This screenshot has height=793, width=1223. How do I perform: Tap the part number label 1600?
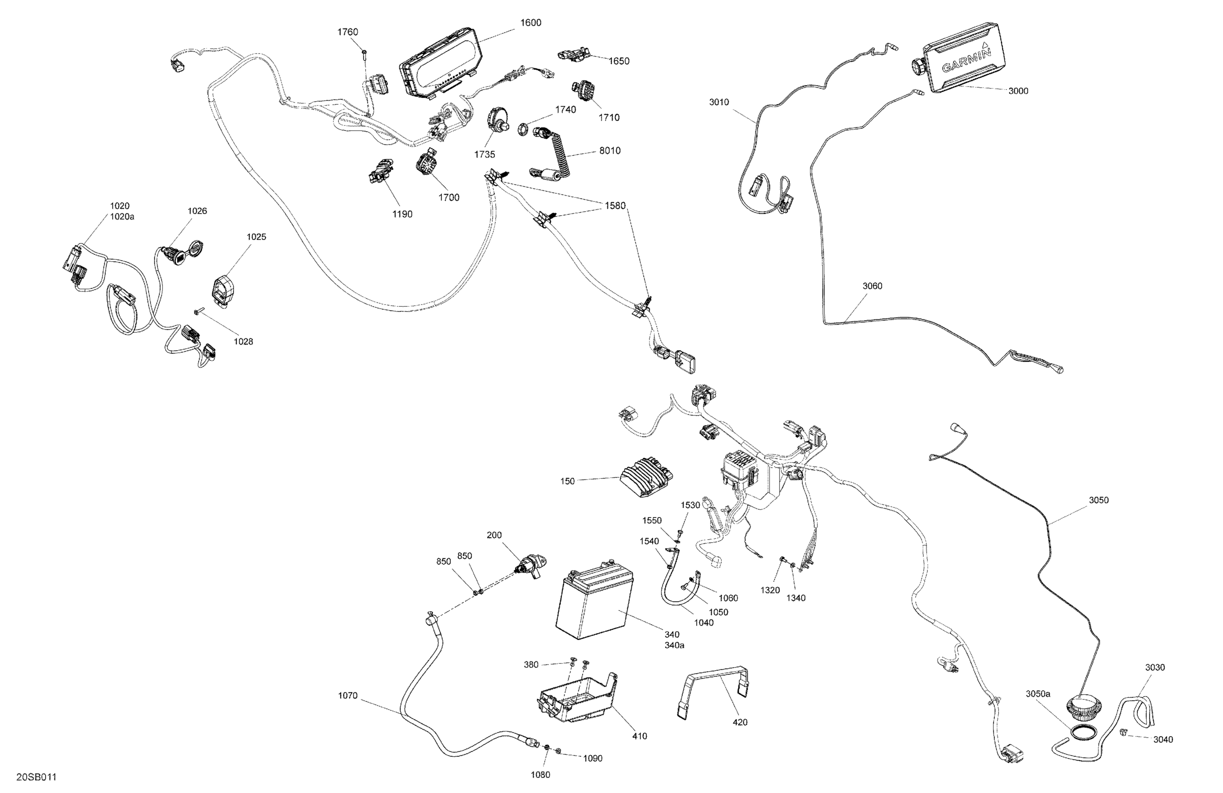pyautogui.click(x=530, y=22)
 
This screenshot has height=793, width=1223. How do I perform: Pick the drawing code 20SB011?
pyautogui.click(x=36, y=777)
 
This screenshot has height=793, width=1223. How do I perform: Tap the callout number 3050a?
pyautogui.click(x=1038, y=694)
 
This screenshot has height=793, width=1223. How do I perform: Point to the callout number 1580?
pyautogui.click(x=615, y=205)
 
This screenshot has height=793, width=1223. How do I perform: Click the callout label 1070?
pyautogui.click(x=347, y=696)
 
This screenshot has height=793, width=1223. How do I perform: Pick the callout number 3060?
pyautogui.click(x=872, y=286)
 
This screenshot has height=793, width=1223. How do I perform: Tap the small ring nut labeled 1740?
pyautogui.click(x=521, y=128)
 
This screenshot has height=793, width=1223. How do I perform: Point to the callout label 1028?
pyautogui.click(x=243, y=341)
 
